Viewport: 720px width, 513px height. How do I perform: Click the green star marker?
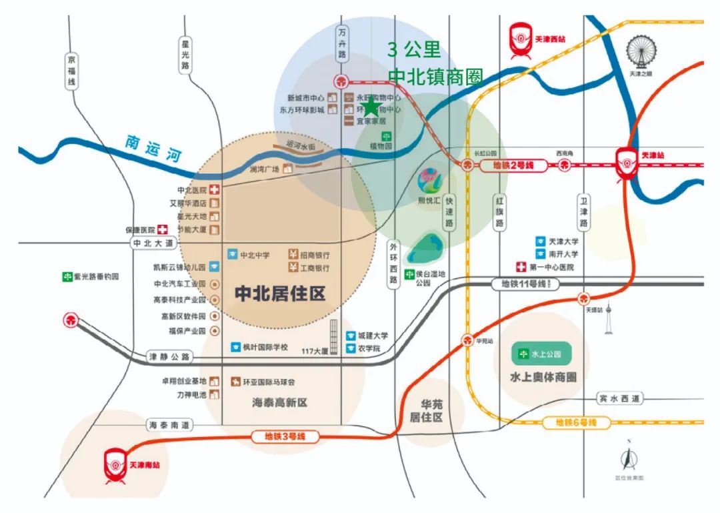pos(370,107)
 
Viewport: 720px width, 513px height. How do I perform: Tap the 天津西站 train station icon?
pos(521,39)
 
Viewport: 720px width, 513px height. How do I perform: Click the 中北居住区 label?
pos(280,294)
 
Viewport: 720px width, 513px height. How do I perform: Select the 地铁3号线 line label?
pos(287,437)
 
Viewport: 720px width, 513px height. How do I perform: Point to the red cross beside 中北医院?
pos(215,190)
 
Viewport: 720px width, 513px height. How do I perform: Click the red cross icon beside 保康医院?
pos(161,229)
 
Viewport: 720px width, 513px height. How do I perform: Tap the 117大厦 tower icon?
pos(334,336)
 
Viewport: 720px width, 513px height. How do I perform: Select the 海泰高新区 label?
pos(280,403)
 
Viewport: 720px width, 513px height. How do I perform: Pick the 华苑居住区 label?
pos(432,410)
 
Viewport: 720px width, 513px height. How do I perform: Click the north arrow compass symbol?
pos(627,458)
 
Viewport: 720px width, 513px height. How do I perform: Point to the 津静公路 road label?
pos(169,358)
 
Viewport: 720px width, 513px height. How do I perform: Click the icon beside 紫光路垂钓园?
pos(67,276)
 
